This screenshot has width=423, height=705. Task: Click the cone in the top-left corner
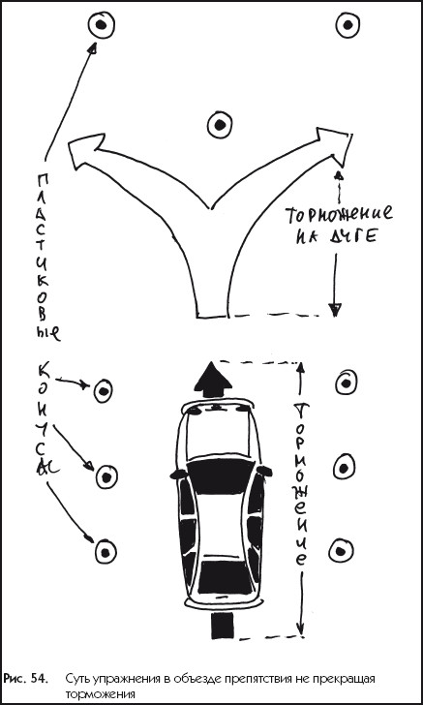pos(102,25)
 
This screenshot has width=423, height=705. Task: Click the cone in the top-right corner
pos(347,25)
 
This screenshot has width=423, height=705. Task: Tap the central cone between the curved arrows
pos(220,125)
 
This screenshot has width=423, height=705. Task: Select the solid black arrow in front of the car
pos(213,381)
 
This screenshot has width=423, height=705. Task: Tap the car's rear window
pos(221,577)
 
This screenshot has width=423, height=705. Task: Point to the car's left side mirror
pos(177,473)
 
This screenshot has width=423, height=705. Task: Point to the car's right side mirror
pos(264,471)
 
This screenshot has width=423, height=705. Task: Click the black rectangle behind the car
pos(222,625)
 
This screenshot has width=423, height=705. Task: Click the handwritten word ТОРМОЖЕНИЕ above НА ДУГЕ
pos(339,214)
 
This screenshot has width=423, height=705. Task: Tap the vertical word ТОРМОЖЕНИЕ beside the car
pos(301,485)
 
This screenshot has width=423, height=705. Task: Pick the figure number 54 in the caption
pos(38,679)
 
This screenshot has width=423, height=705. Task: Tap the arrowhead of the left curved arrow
pos(85,147)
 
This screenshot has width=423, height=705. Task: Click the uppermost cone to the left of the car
pos(104,390)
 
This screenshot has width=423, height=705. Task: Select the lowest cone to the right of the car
pos(341,550)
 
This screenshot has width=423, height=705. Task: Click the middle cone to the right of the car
pos(344,469)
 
